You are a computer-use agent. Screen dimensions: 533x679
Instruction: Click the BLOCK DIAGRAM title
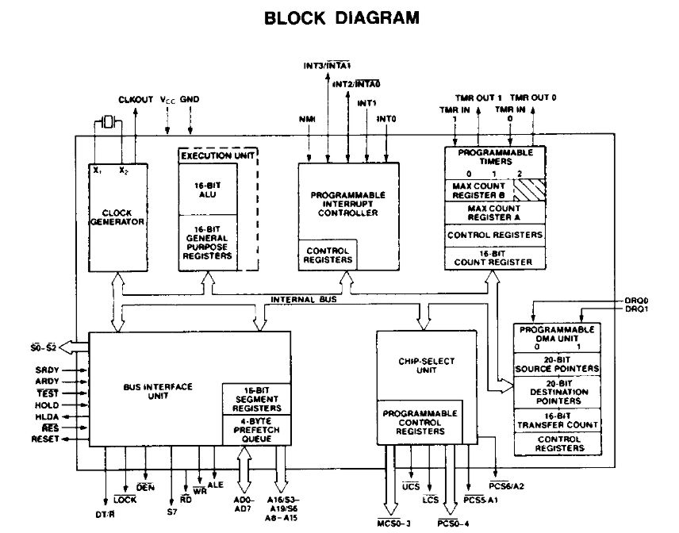pyautogui.click(x=341, y=17)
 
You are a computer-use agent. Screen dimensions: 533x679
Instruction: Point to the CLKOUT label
pyautogui.click(x=135, y=100)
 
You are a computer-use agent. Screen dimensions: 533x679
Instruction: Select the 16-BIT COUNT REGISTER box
pyautogui.click(x=495, y=256)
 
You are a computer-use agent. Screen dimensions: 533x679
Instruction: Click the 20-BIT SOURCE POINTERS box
pyautogui.click(x=557, y=364)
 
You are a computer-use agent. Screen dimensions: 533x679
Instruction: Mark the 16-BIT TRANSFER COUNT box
pyautogui.click(x=557, y=420)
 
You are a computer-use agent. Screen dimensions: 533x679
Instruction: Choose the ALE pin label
pyautogui.click(x=215, y=484)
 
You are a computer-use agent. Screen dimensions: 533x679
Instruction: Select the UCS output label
pyautogui.click(x=411, y=485)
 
